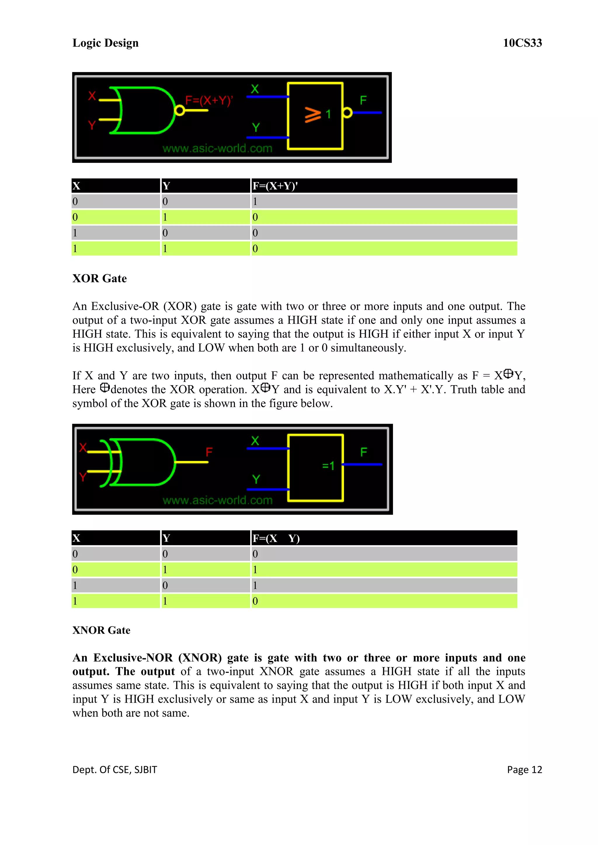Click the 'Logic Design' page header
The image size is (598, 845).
(105, 43)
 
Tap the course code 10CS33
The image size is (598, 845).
(522, 43)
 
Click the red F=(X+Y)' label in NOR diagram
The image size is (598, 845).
(209, 100)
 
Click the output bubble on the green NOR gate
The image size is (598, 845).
(179, 110)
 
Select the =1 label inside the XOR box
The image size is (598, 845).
(328, 466)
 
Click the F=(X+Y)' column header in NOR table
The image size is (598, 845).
(275, 186)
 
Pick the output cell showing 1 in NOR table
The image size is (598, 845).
(255, 202)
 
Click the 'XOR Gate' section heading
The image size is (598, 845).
(99, 278)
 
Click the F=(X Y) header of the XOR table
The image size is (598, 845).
(276, 538)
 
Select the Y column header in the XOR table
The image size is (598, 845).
(166, 538)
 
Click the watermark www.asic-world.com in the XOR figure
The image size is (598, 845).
(217, 500)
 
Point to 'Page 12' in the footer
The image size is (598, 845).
(524, 769)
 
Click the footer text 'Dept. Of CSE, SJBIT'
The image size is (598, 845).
(114, 769)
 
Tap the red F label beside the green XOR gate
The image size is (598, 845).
(209, 452)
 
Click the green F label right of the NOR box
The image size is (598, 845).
(363, 100)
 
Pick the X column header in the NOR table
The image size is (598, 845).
(76, 186)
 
